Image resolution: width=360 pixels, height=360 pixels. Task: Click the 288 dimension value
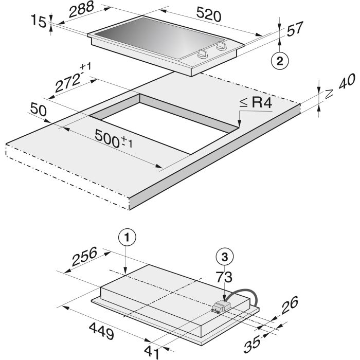(x=81, y=9)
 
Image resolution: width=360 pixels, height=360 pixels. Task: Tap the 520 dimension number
(x=209, y=14)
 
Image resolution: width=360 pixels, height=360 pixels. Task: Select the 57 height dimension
(x=295, y=28)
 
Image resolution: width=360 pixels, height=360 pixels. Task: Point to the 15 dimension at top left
(x=39, y=21)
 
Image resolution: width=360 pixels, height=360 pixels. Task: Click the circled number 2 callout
(x=280, y=61)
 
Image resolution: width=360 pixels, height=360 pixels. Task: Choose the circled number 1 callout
(x=127, y=238)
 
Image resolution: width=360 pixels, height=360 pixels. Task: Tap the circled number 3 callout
(x=225, y=257)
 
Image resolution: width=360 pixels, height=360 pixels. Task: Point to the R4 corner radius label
(x=256, y=102)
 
